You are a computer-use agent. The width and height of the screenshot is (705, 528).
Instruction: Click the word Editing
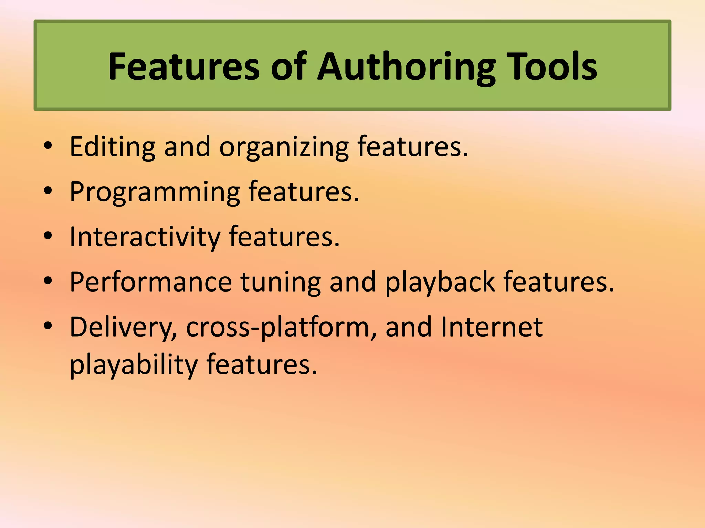pos(113,147)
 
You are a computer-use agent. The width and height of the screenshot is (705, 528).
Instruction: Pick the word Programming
pos(155,192)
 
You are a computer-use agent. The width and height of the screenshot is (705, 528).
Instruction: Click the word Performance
pos(151,282)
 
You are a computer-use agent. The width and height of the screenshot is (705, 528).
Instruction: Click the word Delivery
pos(123,328)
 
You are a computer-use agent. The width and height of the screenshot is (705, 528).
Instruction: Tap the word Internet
pos(492,327)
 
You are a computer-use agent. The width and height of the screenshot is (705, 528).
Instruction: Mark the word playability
pos(134,365)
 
